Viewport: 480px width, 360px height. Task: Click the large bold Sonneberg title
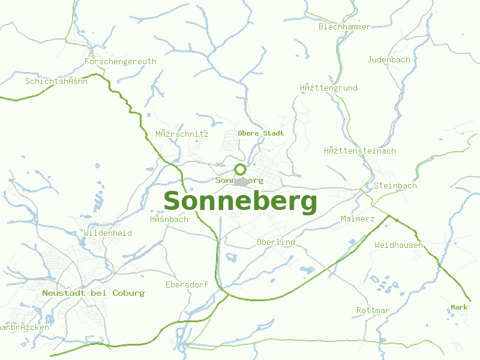click(x=240, y=202)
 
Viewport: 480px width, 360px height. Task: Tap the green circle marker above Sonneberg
click(x=240, y=169)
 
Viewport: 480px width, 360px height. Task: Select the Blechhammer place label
click(x=344, y=26)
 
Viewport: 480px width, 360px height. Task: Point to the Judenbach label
click(x=389, y=59)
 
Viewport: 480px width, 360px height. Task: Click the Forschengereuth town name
click(x=120, y=61)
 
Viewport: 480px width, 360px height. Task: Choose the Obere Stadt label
click(x=260, y=133)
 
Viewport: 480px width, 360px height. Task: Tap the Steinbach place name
click(x=395, y=185)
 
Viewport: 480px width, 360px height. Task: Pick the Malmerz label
click(x=358, y=218)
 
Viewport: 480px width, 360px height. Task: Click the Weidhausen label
click(x=398, y=245)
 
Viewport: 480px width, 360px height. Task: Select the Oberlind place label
click(x=275, y=242)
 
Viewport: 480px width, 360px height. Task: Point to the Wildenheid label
click(x=108, y=233)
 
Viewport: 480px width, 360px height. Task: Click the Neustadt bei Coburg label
click(x=93, y=293)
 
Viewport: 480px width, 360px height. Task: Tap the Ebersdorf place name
click(x=187, y=284)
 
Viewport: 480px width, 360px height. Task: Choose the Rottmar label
click(x=373, y=310)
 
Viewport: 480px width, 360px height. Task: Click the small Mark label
click(x=459, y=307)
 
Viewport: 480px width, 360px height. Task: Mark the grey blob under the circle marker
click(x=242, y=182)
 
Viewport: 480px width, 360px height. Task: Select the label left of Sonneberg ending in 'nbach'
click(x=169, y=219)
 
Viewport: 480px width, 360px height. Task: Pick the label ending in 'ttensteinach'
click(x=359, y=151)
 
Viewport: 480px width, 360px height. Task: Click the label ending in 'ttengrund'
click(x=328, y=88)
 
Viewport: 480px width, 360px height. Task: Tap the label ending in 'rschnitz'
click(x=182, y=134)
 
